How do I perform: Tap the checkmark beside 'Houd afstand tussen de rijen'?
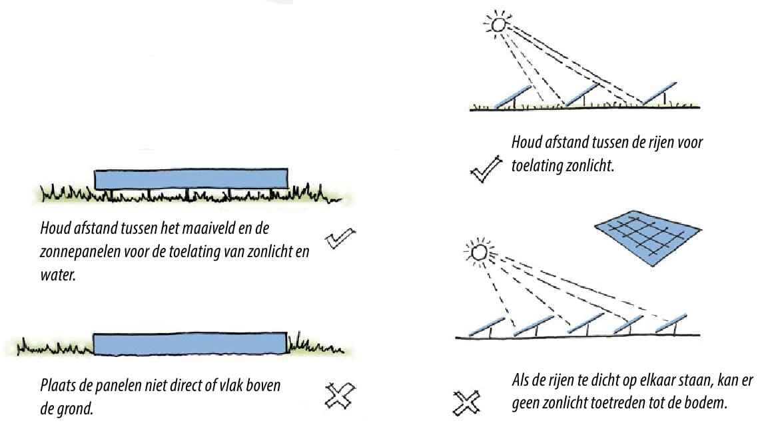pos(484,169)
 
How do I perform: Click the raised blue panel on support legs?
pos(191,179)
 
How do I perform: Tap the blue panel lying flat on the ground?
pos(191,343)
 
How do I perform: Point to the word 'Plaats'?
pos(59,385)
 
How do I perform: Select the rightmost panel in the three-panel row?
pos(660,92)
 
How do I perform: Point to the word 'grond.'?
pos(75,408)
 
